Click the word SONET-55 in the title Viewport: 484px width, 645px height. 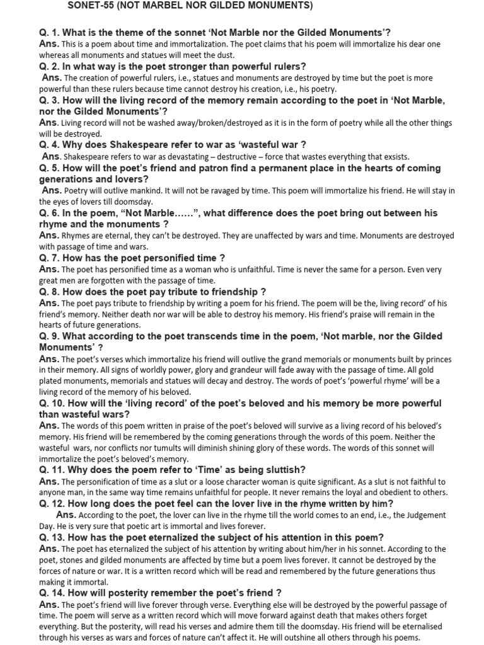click(x=88, y=6)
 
